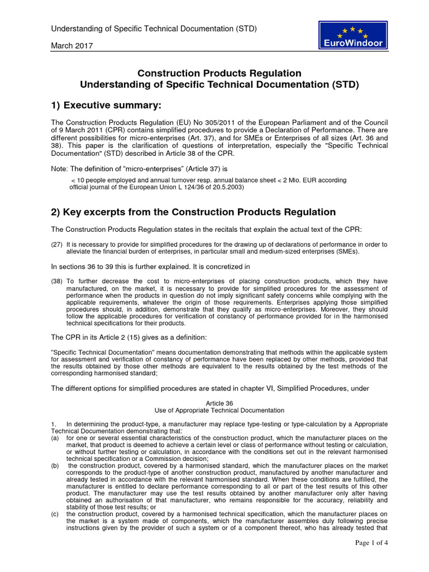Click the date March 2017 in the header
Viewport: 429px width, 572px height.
[73, 46]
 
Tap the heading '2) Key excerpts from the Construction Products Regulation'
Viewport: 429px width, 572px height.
[193, 212]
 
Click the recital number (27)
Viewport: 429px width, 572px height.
[56, 245]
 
